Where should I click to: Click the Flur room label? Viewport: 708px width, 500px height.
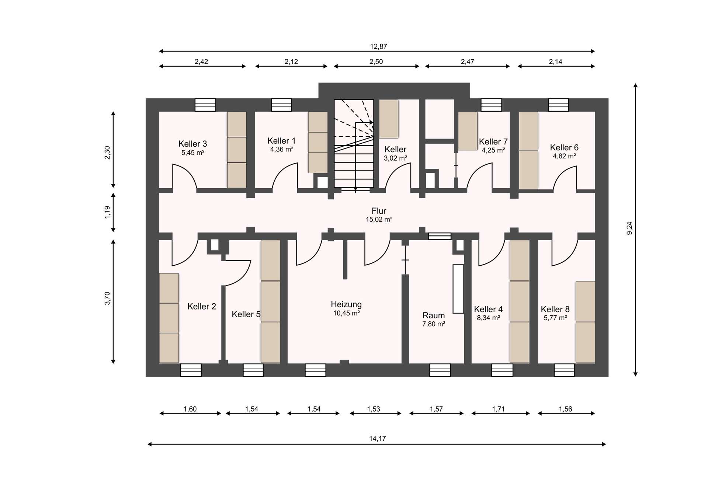[x=379, y=211]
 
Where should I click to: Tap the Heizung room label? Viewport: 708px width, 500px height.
[x=346, y=304]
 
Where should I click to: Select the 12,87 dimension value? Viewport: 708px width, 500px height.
[x=379, y=46]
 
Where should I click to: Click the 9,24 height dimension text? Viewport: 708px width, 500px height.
[x=629, y=228]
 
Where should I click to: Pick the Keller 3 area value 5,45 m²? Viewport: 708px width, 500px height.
[x=193, y=153]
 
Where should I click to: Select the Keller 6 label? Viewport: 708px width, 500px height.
[x=564, y=147]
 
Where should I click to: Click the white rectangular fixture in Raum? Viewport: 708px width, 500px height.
[x=458, y=289]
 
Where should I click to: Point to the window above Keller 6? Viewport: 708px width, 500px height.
[x=559, y=105]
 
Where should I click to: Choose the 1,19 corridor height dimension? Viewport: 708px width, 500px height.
[x=107, y=212]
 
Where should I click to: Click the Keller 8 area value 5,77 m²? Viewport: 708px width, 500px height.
[x=555, y=318]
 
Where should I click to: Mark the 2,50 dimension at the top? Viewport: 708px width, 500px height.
[x=376, y=62]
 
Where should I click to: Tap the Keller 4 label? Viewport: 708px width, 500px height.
[x=488, y=309]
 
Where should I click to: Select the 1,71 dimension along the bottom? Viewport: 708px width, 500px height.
[x=498, y=409]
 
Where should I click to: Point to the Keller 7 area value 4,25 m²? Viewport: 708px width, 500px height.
[x=493, y=150]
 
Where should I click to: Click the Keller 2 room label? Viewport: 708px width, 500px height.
[x=202, y=306]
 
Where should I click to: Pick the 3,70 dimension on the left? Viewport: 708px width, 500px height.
[x=107, y=298]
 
